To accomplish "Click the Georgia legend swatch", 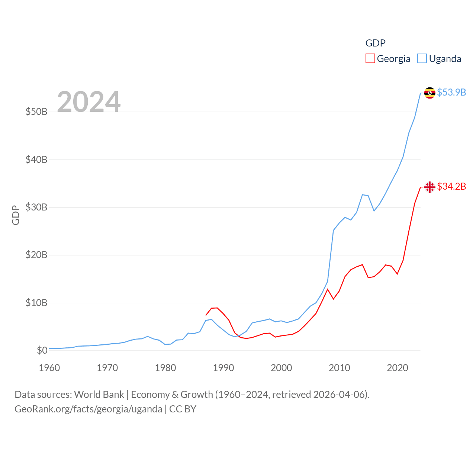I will tap(370, 58).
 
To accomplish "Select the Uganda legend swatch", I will tap(422, 58).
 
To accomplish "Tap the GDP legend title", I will tap(375, 43).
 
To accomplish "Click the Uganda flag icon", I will tap(430, 93).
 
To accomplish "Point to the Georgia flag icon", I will tap(430, 187).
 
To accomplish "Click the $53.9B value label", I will tap(451, 92).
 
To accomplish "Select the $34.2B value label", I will tap(451, 186).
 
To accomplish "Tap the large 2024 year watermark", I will tap(89, 102).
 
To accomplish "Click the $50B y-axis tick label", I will tap(36, 112).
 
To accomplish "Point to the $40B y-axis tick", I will tap(36, 160).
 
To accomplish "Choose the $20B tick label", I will tap(36, 255).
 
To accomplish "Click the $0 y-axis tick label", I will tap(42, 350).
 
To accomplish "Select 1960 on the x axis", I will tap(49, 368).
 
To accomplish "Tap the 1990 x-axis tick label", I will tap(223, 368).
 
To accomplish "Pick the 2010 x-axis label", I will tap(340, 368).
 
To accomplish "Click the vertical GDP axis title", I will tap(16, 215).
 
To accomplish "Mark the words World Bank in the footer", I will tap(99, 394).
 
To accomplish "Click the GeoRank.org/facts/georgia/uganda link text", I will tap(89, 409).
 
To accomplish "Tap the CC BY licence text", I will tap(183, 409).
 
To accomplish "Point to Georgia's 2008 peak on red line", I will tap(328, 289).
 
